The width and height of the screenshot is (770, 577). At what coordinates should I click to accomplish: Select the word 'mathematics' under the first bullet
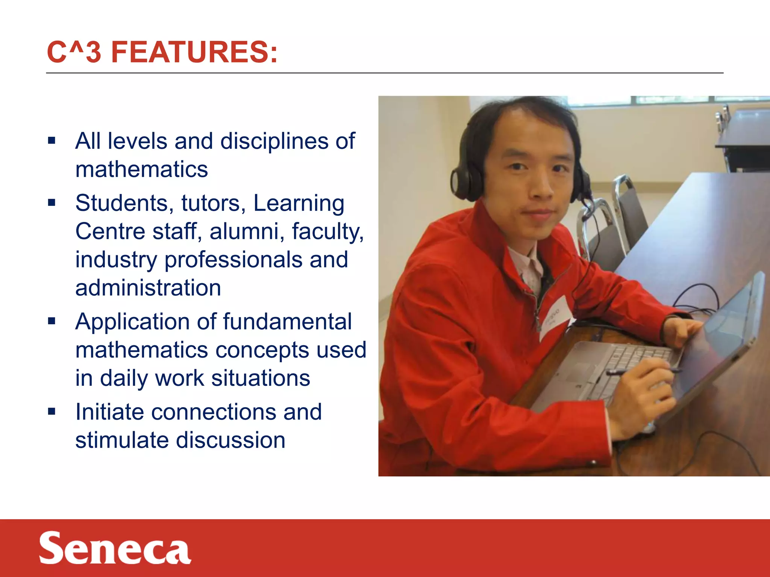pyautogui.click(x=141, y=169)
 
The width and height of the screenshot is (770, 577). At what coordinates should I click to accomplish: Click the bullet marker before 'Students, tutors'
pyautogui.click(x=52, y=203)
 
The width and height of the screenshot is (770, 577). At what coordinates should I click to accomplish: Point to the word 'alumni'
pyautogui.click(x=247, y=231)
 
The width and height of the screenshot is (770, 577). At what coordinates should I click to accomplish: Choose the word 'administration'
pyautogui.click(x=148, y=288)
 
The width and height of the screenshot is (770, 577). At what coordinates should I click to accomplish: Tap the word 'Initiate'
pyautogui.click(x=109, y=412)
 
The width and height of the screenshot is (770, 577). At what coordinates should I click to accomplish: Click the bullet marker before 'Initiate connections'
pyautogui.click(x=52, y=411)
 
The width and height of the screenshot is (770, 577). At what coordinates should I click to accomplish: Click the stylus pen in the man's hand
pyautogui.click(x=639, y=372)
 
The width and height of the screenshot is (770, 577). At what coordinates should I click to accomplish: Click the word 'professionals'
pyautogui.click(x=233, y=260)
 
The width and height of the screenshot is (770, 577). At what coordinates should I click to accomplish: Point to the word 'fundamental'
pyautogui.click(x=287, y=322)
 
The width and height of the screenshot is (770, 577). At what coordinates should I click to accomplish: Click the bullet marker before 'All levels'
pyautogui.click(x=52, y=141)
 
